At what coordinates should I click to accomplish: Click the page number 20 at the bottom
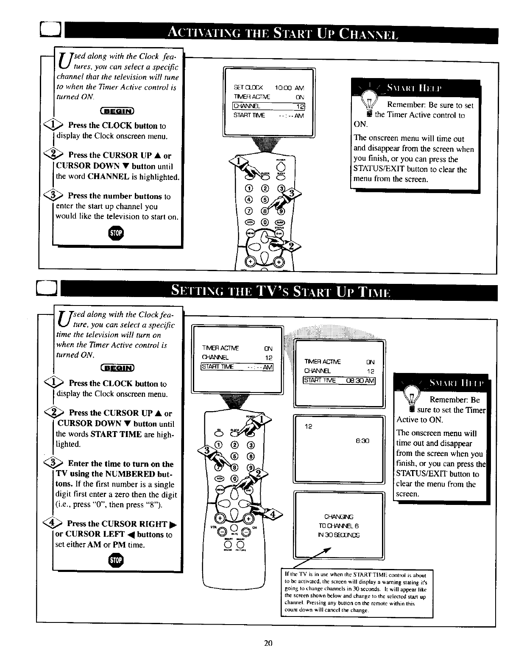click(267, 643)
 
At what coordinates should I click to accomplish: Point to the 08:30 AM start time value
click(360, 380)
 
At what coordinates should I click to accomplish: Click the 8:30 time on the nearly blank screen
click(362, 441)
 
